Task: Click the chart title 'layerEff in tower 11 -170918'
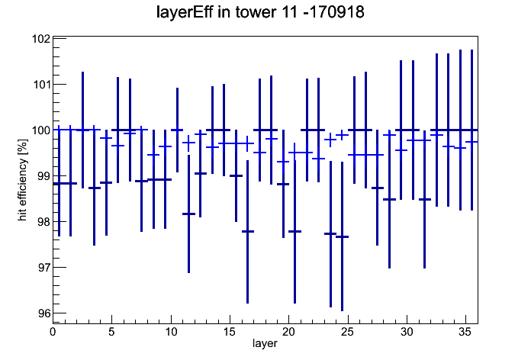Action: (260, 13)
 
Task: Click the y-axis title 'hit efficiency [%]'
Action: (23, 180)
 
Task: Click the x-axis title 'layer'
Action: (265, 343)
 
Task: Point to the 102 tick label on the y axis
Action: (40, 39)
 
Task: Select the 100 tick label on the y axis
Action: (40, 130)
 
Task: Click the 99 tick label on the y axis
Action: (43, 175)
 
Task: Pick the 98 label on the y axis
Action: (43, 221)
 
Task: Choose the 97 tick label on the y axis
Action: (43, 267)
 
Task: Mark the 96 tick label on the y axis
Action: (43, 313)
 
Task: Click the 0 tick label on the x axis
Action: (53, 332)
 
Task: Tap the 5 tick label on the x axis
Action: (111, 332)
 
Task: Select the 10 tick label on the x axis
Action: (171, 332)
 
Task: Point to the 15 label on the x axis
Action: (230, 332)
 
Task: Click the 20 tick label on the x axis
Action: (288, 332)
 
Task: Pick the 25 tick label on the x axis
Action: (347, 332)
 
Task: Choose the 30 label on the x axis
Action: (407, 332)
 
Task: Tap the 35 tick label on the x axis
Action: (465, 332)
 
